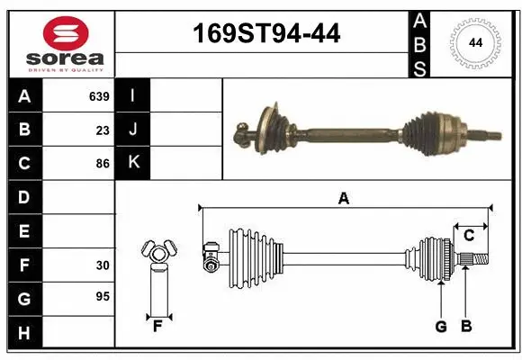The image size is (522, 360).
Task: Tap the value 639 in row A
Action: click(99, 95)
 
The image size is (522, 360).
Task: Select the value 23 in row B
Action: click(103, 130)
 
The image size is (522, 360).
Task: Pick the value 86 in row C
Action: click(103, 164)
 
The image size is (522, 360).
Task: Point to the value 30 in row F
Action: click(103, 265)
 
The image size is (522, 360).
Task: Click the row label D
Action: click(24, 197)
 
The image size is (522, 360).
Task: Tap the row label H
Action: click(24, 334)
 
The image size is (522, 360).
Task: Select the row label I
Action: click(132, 95)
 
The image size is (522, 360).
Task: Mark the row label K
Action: click(132, 164)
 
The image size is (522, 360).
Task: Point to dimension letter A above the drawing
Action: click(343, 199)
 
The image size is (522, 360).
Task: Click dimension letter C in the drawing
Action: click(469, 236)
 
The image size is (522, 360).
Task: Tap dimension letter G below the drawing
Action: click(441, 327)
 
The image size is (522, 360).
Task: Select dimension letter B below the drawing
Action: click(465, 327)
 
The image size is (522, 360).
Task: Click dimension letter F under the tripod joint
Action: click(157, 327)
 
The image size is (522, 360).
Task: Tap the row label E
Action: click(24, 231)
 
